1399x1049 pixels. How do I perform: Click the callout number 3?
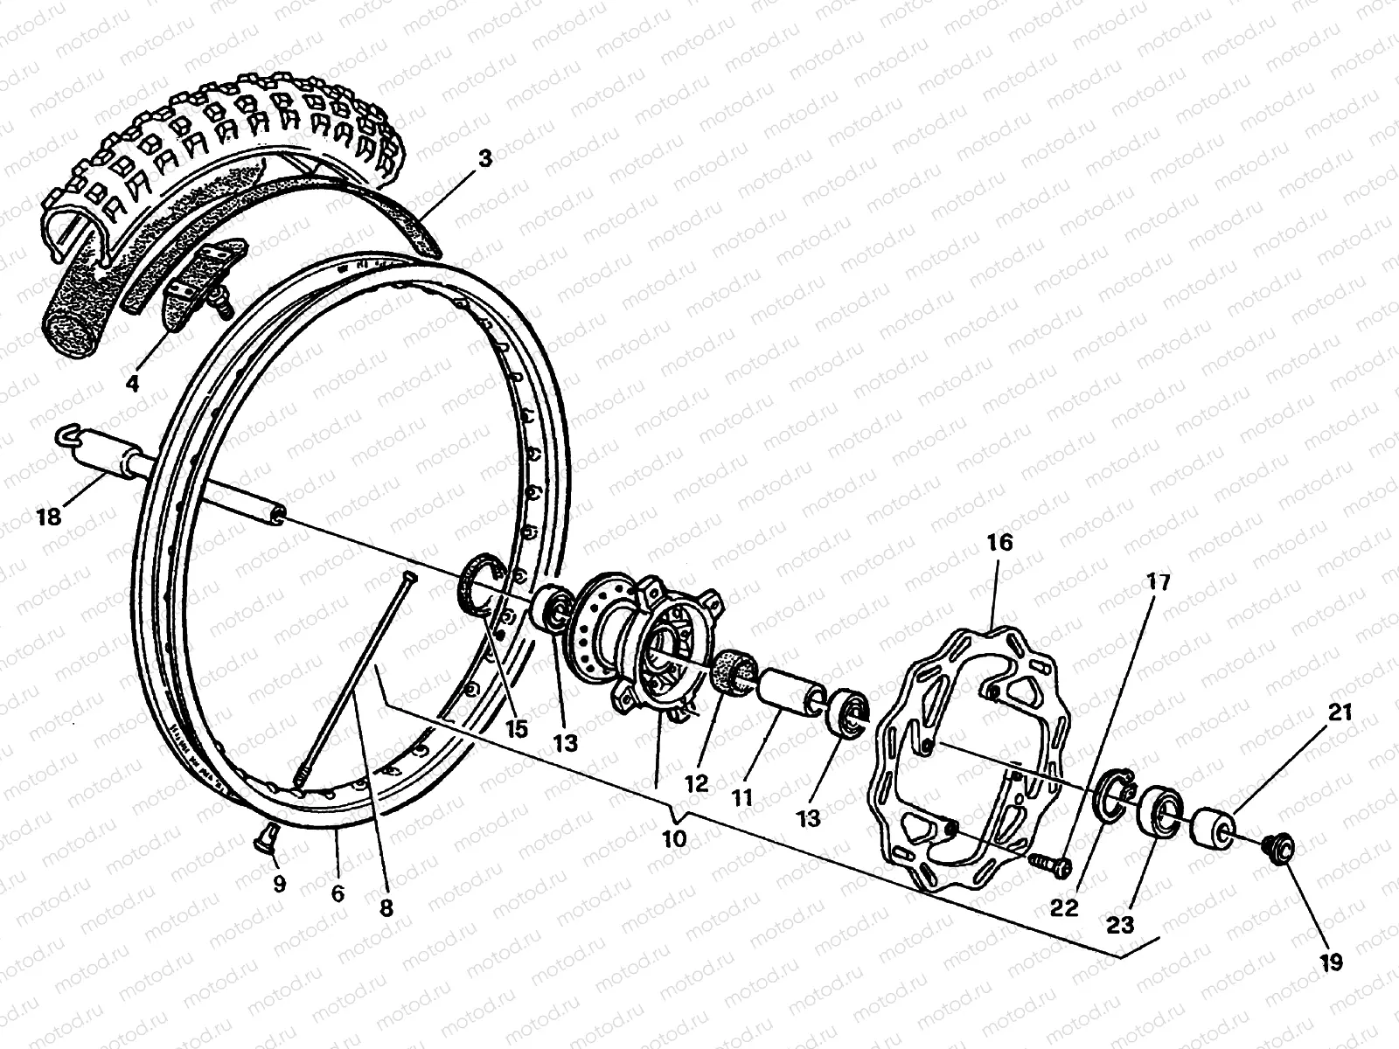[485, 159]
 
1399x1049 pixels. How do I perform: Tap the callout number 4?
[132, 383]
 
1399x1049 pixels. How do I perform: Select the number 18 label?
[49, 517]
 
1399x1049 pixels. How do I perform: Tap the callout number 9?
[279, 884]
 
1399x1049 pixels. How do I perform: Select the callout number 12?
[696, 784]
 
